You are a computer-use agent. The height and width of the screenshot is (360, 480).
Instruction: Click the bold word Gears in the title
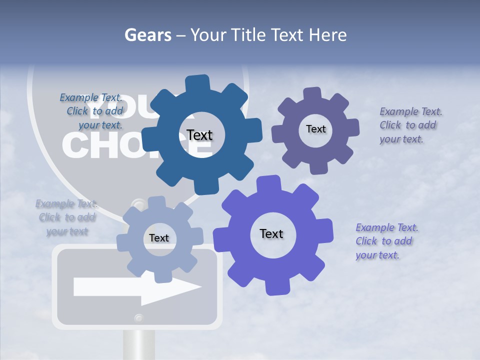coord(147,35)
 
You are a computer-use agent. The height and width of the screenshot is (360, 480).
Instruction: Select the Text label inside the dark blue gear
coord(199,135)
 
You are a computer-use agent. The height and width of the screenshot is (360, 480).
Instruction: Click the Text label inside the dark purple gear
coord(315,129)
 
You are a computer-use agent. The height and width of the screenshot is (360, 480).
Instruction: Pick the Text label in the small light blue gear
coord(159,238)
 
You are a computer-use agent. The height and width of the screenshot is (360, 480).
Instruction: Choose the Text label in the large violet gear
coord(271,233)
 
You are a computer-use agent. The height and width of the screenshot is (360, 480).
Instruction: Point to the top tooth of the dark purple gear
coord(312,94)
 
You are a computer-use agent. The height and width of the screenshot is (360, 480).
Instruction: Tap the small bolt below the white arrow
coord(138,317)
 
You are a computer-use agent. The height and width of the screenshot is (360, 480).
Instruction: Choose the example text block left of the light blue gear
coord(67,217)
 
